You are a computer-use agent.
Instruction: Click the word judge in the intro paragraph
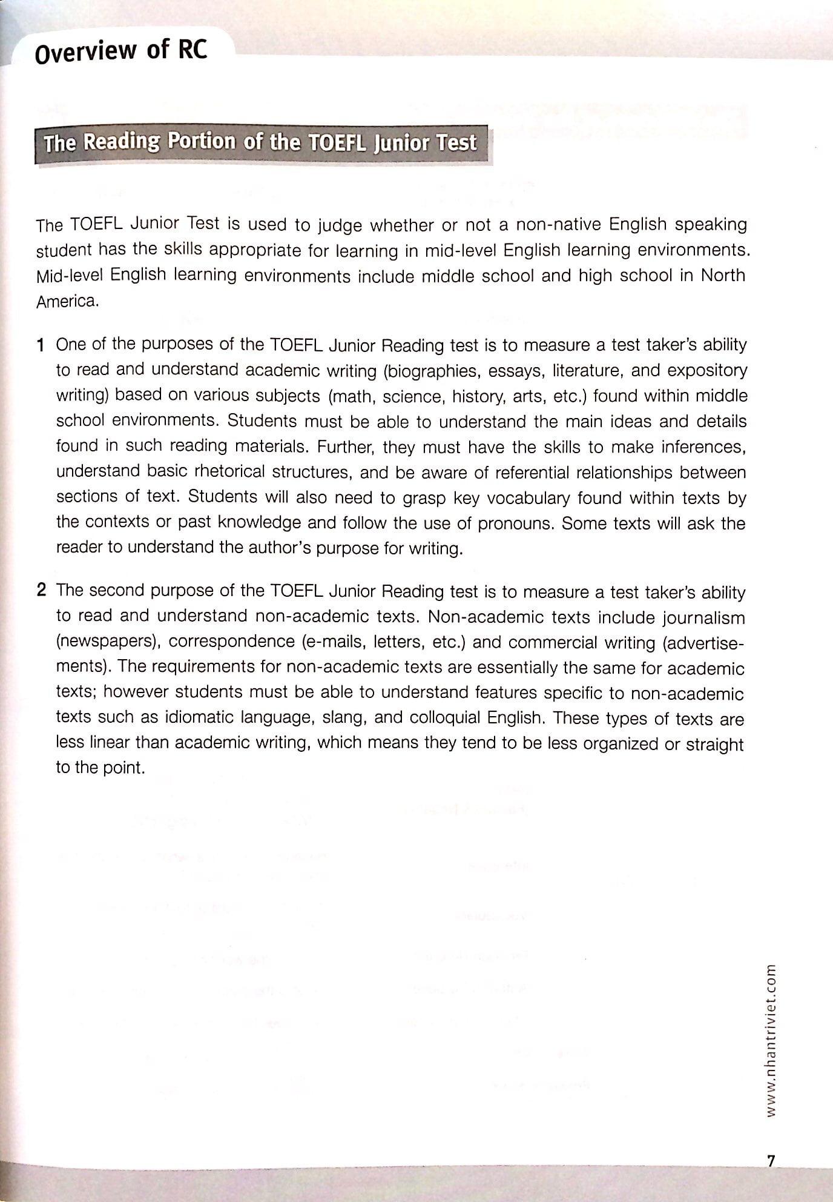(x=340, y=225)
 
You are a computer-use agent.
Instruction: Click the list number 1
(x=41, y=345)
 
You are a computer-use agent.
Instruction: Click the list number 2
(x=41, y=591)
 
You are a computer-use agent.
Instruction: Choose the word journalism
(x=703, y=618)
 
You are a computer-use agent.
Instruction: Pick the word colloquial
(x=445, y=719)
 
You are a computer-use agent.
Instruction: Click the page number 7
(x=771, y=1160)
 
